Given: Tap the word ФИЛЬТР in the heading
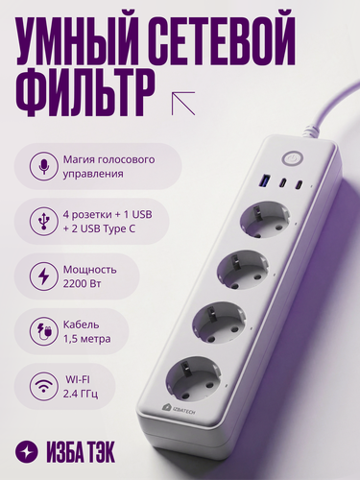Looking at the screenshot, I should pos(84,94).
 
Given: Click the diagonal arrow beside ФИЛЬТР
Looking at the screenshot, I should pos(182,102).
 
